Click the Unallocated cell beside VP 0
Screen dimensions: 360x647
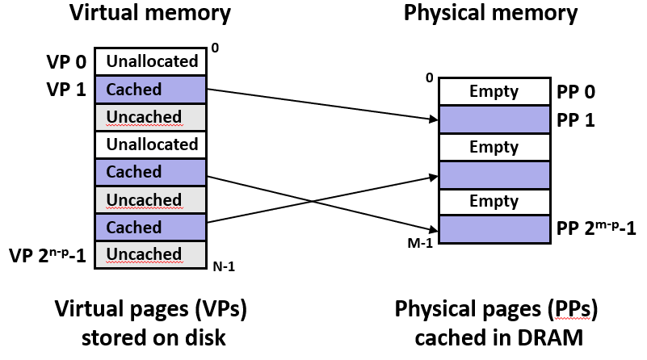coord(151,61)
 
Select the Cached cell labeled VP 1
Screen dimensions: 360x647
coord(151,89)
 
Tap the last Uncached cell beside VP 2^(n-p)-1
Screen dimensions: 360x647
coord(151,254)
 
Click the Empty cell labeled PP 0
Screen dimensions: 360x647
coord(494,91)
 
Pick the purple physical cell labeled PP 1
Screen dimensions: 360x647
coord(494,119)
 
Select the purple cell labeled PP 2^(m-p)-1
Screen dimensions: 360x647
coord(494,229)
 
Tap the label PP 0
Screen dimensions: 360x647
coord(577,91)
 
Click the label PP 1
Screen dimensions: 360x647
coord(577,119)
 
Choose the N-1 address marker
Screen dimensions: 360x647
coord(223,266)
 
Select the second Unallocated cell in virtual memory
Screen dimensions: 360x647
coord(151,144)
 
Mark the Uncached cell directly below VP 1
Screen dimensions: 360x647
coord(151,117)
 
